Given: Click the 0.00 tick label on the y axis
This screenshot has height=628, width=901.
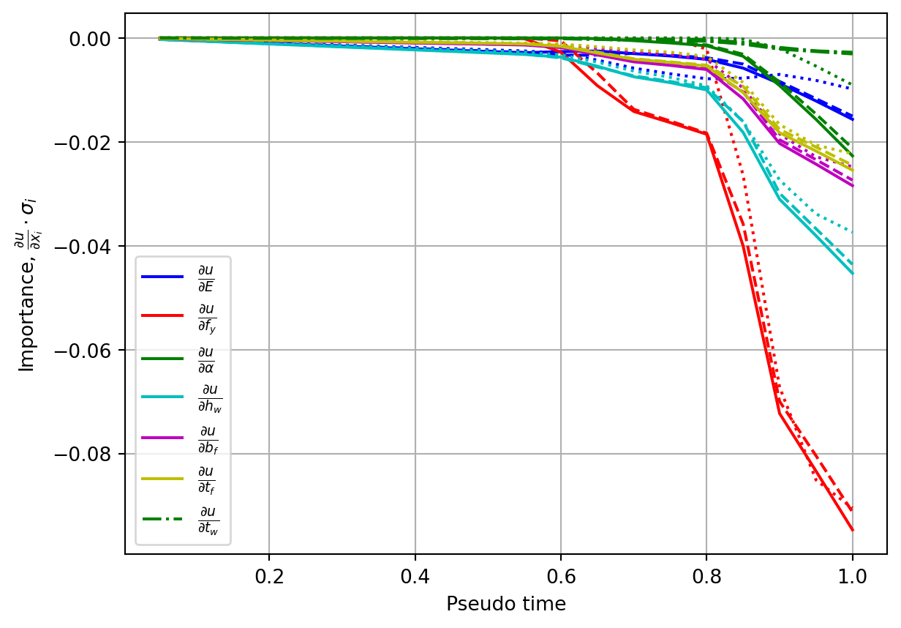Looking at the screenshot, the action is tap(90, 40).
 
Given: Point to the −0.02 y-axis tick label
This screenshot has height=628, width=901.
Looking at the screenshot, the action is tap(83, 143).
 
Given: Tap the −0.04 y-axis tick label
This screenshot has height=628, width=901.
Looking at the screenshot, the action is tap(83, 247).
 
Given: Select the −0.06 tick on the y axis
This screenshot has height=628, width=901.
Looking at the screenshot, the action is tap(83, 351).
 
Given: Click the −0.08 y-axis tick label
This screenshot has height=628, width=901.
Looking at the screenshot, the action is tap(83, 455).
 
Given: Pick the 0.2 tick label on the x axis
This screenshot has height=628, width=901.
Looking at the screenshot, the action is tap(269, 577).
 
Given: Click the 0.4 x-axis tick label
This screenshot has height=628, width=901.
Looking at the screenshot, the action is tap(415, 577).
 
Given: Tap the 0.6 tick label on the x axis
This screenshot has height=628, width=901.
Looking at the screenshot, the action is tap(561, 577).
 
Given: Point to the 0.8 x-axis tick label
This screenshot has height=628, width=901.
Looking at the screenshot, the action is tap(706, 577).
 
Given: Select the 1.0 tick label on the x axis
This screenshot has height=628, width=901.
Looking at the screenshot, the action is tap(852, 577).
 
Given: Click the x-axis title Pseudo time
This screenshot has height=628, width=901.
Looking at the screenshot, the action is tap(506, 605).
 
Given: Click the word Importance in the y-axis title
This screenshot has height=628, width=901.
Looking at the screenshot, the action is tap(27, 313).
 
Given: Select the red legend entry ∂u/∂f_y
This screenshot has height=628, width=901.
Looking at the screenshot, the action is tap(178, 318).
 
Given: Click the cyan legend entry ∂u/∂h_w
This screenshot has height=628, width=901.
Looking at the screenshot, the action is tap(181, 398).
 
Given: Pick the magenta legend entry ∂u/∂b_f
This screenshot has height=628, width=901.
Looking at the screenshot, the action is tap(180, 440).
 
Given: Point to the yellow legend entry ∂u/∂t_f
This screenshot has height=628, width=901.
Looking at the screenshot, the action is tap(178, 480).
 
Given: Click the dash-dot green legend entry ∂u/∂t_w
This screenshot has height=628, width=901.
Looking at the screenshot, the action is tap(181, 520).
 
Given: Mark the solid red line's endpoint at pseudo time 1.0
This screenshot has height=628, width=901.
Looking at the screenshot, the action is tap(852, 531).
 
